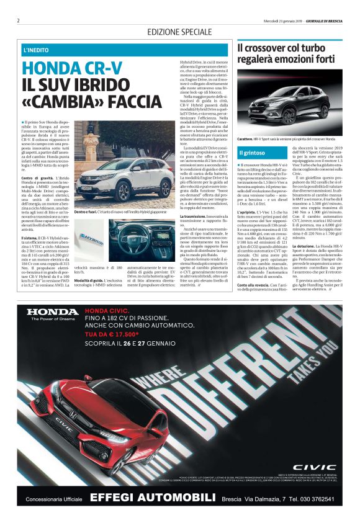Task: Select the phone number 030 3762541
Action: (317, 499)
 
